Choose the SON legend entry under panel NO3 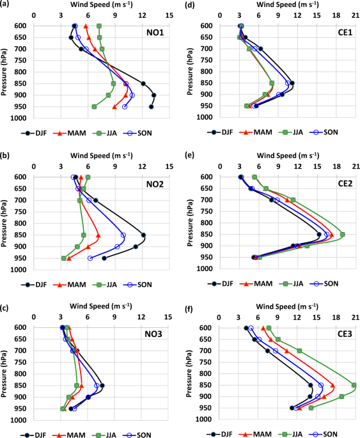[137, 435]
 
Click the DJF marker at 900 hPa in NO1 [153, 95]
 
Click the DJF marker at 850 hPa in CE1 [292, 83]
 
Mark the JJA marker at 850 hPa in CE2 [343, 235]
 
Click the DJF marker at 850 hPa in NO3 [102, 385]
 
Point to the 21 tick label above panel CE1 [354, 15]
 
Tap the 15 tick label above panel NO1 [169, 15]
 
